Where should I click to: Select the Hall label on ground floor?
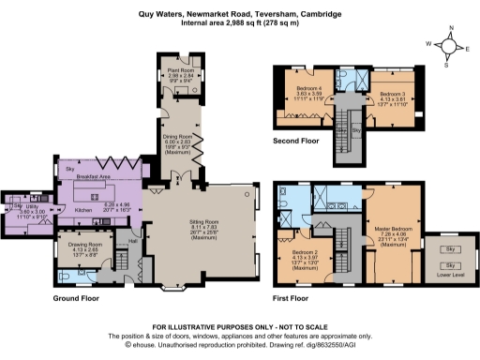pyautogui.click(x=133, y=240)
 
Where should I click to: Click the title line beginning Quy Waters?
pyautogui.click(x=239, y=14)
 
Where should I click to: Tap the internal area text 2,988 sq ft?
pyautogui.click(x=239, y=25)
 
